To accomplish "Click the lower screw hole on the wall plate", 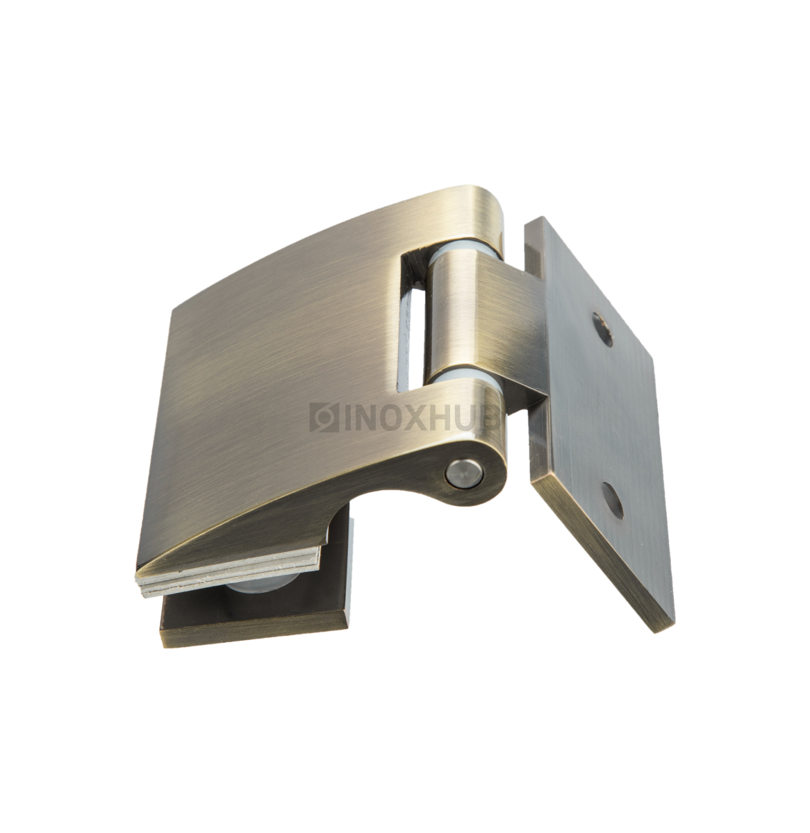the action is pos(613,500).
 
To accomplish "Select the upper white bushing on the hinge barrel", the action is pos(464,258).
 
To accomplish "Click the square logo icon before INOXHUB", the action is pos(324,417).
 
